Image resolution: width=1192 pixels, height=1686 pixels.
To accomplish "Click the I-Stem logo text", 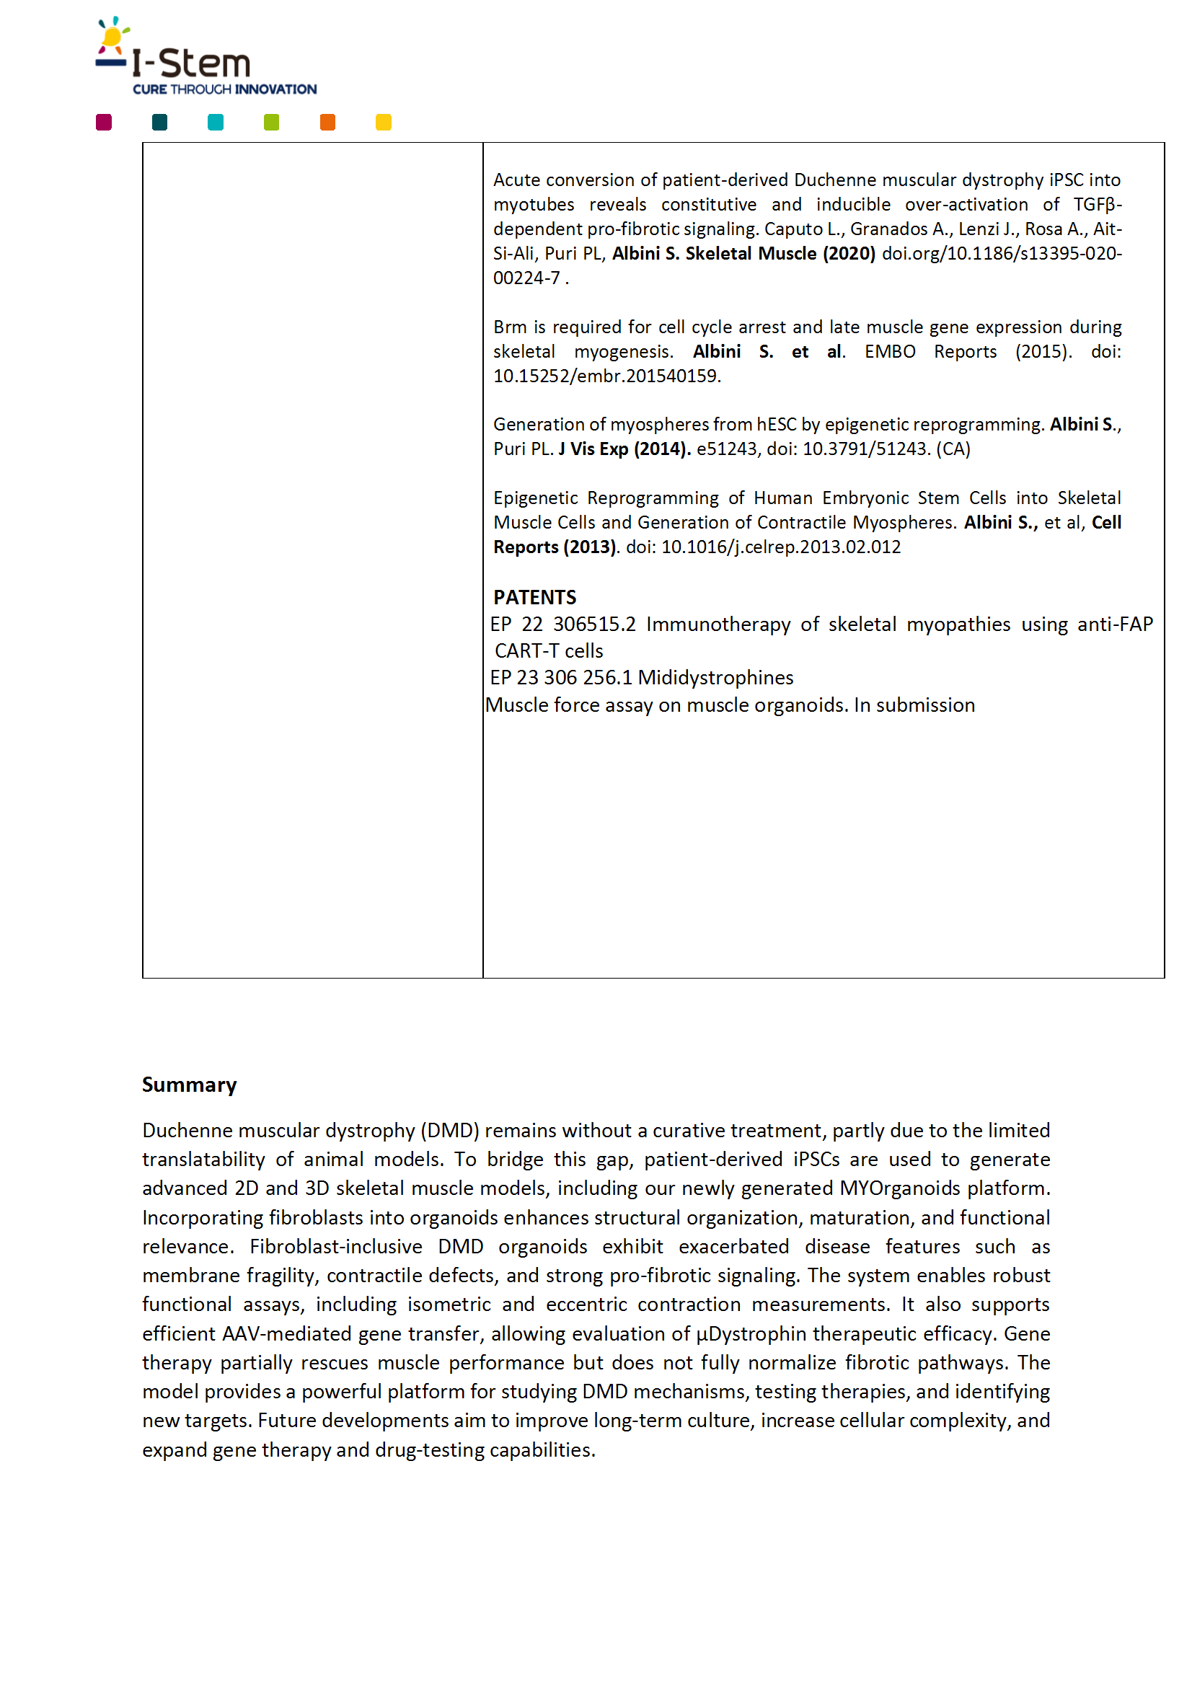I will (191, 64).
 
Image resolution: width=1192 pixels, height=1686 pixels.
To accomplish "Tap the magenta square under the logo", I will (104, 123).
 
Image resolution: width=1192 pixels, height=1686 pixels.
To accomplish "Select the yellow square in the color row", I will (384, 123).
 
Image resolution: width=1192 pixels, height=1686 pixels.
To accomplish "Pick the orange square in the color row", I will (327, 123).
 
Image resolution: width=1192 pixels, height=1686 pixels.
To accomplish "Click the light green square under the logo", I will (272, 123).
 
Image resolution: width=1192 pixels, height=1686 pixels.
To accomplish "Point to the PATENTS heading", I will (534, 597).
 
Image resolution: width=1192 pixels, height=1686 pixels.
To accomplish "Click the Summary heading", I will (190, 1085).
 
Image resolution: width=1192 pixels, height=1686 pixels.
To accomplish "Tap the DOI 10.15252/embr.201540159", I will (606, 376).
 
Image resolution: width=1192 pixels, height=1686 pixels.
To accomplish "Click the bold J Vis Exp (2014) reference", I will (624, 449).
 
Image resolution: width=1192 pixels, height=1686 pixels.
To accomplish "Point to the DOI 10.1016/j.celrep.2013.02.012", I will (781, 547).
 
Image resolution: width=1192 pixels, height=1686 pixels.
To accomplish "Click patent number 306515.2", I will (594, 624).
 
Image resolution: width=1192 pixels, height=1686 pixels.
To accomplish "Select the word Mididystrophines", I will (715, 677).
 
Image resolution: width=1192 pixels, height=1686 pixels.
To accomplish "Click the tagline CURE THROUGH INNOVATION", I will (225, 89).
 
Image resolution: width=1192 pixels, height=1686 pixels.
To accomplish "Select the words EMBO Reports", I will (930, 352).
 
